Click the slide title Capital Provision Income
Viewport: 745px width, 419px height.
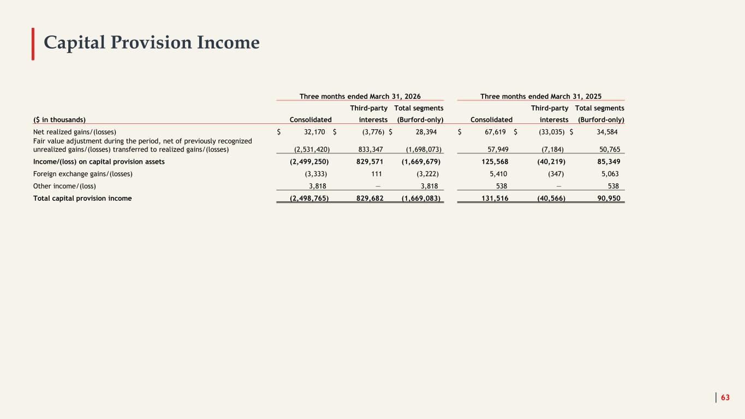pos(152,43)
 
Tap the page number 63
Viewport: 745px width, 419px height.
pos(725,397)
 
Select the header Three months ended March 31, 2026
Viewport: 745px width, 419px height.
pos(360,97)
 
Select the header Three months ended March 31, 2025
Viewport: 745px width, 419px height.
pos(541,97)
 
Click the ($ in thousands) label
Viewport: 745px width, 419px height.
pos(59,119)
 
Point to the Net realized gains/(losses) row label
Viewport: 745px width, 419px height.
pos(74,132)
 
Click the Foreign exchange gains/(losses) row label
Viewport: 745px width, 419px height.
pos(83,174)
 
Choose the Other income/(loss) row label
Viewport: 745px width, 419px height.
pos(64,186)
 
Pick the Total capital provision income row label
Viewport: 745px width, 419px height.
pos(82,199)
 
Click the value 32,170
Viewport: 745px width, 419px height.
pos(314,132)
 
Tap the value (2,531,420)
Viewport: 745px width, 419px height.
pos(312,149)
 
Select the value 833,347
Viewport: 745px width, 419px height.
pos(371,149)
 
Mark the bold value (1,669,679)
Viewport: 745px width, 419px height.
pos(421,162)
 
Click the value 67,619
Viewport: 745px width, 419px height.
pos(495,132)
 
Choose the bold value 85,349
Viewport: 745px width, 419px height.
pos(609,162)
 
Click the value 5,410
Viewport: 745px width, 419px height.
pos(498,174)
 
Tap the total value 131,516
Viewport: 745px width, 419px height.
pos(495,199)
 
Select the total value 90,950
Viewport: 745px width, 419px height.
pos(609,199)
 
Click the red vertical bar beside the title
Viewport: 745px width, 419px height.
pos(33,44)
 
